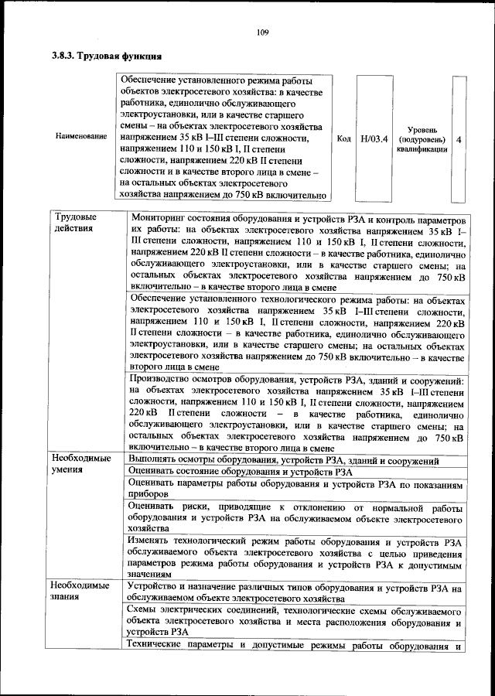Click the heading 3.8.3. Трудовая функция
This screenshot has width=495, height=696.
click(107, 56)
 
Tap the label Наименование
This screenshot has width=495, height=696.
click(81, 137)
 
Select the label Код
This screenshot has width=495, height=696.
click(345, 138)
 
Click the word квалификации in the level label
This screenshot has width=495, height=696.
click(424, 148)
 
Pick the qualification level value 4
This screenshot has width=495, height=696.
click(459, 138)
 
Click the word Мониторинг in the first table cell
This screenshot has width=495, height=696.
click(160, 217)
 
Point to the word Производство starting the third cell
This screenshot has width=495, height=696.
click(163, 380)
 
